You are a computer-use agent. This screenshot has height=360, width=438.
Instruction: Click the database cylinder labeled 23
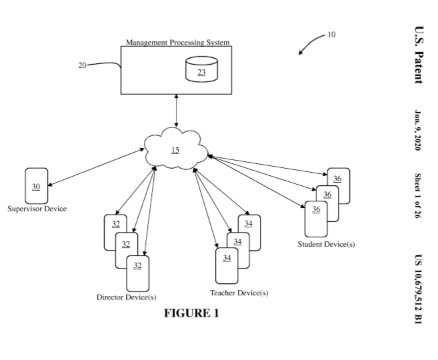point(201,69)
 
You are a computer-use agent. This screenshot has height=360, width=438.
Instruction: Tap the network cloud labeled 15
point(175,150)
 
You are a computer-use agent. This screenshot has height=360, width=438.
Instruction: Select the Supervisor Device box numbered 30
point(36,186)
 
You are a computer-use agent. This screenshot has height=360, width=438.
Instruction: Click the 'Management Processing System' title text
point(178,43)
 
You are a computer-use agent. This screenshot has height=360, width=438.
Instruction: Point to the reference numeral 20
point(82,65)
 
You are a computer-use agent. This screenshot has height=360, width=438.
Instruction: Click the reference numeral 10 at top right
point(333,35)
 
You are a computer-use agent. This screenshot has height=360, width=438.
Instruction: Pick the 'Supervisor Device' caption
point(37,209)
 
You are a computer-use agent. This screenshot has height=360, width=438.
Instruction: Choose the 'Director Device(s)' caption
point(126,297)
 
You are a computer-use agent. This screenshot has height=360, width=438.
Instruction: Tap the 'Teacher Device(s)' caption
point(239,293)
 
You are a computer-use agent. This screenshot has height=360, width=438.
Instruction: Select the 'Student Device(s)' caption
point(326,244)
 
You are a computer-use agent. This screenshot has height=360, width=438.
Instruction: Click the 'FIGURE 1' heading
point(191,313)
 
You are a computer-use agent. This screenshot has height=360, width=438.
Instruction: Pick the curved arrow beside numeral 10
point(311,45)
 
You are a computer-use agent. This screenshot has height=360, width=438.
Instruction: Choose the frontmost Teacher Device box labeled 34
point(227,264)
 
